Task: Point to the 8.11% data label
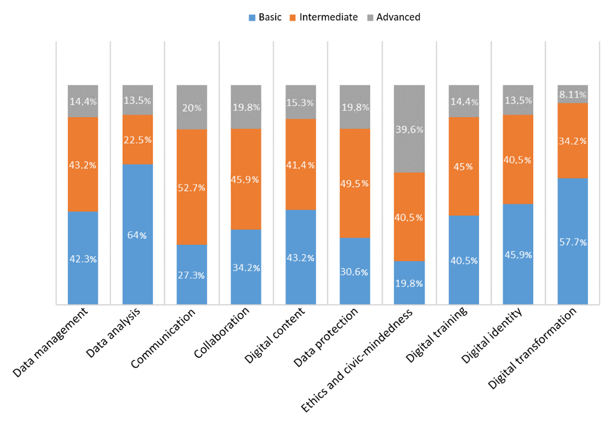(572, 95)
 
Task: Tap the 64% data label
(138, 235)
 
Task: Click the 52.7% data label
(192, 188)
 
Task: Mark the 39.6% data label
(409, 130)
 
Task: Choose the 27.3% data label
(192, 275)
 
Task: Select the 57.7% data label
(572, 242)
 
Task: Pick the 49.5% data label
(355, 183)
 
